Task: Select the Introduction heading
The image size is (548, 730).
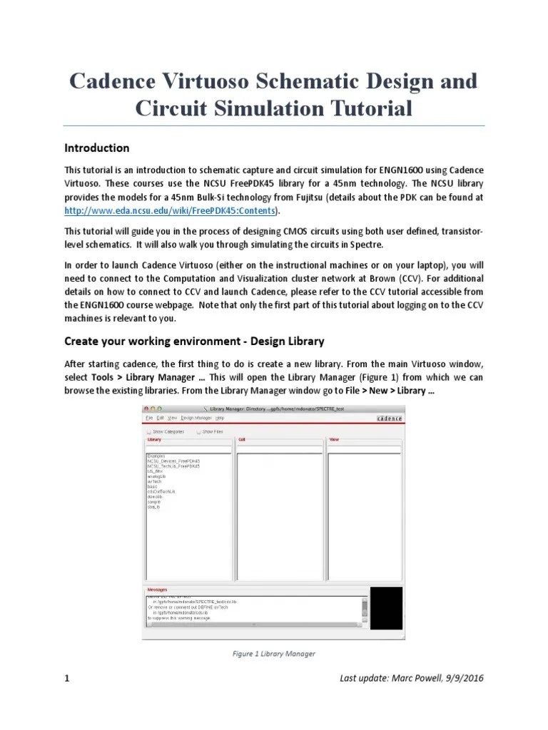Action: click(x=96, y=148)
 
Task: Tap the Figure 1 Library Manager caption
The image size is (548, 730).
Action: click(x=273, y=653)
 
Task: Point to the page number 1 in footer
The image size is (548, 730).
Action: click(x=67, y=679)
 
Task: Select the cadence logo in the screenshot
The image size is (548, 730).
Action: click(x=389, y=418)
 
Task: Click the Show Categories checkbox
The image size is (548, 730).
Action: click(x=149, y=431)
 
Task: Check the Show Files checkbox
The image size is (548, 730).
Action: click(x=199, y=431)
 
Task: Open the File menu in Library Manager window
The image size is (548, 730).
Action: click(x=148, y=418)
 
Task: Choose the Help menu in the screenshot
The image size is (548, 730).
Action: click(x=220, y=418)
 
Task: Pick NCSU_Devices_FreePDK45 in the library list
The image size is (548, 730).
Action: click(x=173, y=461)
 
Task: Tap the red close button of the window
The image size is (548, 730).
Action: click(x=148, y=407)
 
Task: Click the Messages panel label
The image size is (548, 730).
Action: click(x=157, y=590)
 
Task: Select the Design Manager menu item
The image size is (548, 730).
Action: click(x=196, y=418)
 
